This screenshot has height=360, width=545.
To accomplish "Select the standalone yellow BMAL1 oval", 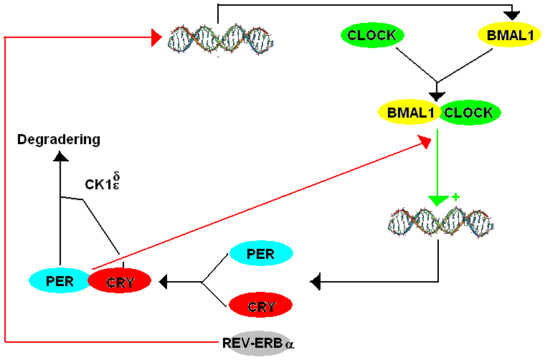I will (509, 35).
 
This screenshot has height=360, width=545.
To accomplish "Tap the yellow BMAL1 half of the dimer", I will (407, 113).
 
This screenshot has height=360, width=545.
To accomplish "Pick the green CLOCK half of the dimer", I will (470, 113).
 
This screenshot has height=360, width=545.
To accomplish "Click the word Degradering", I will (59, 139).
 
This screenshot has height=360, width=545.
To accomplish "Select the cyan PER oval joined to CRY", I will (60, 280).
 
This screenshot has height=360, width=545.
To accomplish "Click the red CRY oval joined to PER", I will (120, 281).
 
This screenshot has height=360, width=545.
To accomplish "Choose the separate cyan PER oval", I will (260, 254).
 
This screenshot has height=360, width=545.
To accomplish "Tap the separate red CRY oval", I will (261, 307).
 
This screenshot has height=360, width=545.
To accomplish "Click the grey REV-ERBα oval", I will (257, 344).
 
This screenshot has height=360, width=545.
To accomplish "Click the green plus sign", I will (454, 196).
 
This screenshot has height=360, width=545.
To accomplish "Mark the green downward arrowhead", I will (438, 201).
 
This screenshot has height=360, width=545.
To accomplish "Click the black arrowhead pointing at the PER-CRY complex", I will (163, 281).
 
